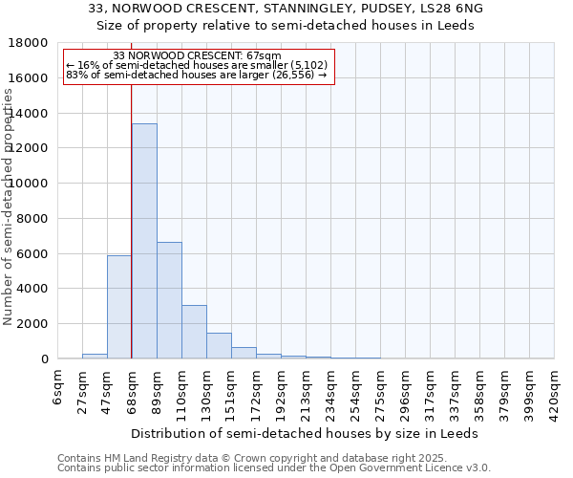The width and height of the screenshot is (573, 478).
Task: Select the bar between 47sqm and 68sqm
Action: pyautogui.click(x=119, y=307)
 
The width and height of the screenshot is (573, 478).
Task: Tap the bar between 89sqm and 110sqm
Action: pyautogui.click(x=169, y=300)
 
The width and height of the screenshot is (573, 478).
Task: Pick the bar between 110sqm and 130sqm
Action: pyautogui.click(x=194, y=332)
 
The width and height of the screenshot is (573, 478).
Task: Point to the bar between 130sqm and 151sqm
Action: pyautogui.click(x=219, y=346)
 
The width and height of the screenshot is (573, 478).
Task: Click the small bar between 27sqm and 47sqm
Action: pyautogui.click(x=95, y=356)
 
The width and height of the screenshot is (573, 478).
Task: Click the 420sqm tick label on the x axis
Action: pyautogui.click(x=555, y=390)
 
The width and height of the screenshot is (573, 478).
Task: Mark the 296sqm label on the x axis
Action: pyautogui.click(x=406, y=390)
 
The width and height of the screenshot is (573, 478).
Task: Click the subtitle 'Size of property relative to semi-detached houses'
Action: pyautogui.click(x=286, y=25)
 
